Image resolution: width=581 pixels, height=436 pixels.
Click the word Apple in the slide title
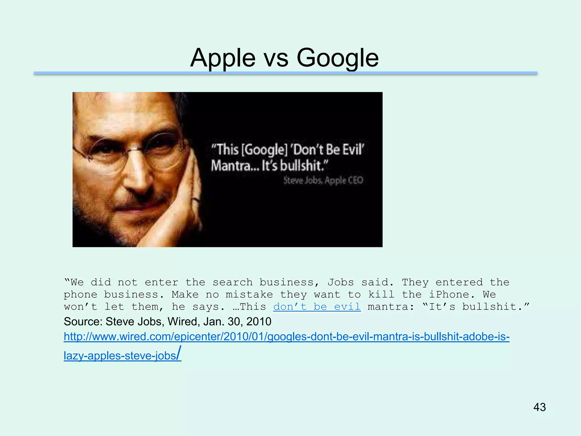[223, 58]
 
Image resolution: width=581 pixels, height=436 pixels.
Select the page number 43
[539, 407]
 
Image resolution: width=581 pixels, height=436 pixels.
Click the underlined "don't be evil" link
[317, 307]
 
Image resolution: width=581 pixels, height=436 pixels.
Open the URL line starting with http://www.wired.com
[287, 337]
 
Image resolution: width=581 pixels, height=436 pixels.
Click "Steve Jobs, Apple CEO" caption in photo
[323, 181]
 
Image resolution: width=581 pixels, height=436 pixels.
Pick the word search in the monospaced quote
[233, 282]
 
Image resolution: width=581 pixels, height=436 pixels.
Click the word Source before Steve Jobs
[83, 322]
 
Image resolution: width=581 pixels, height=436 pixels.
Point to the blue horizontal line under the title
[285, 73]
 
